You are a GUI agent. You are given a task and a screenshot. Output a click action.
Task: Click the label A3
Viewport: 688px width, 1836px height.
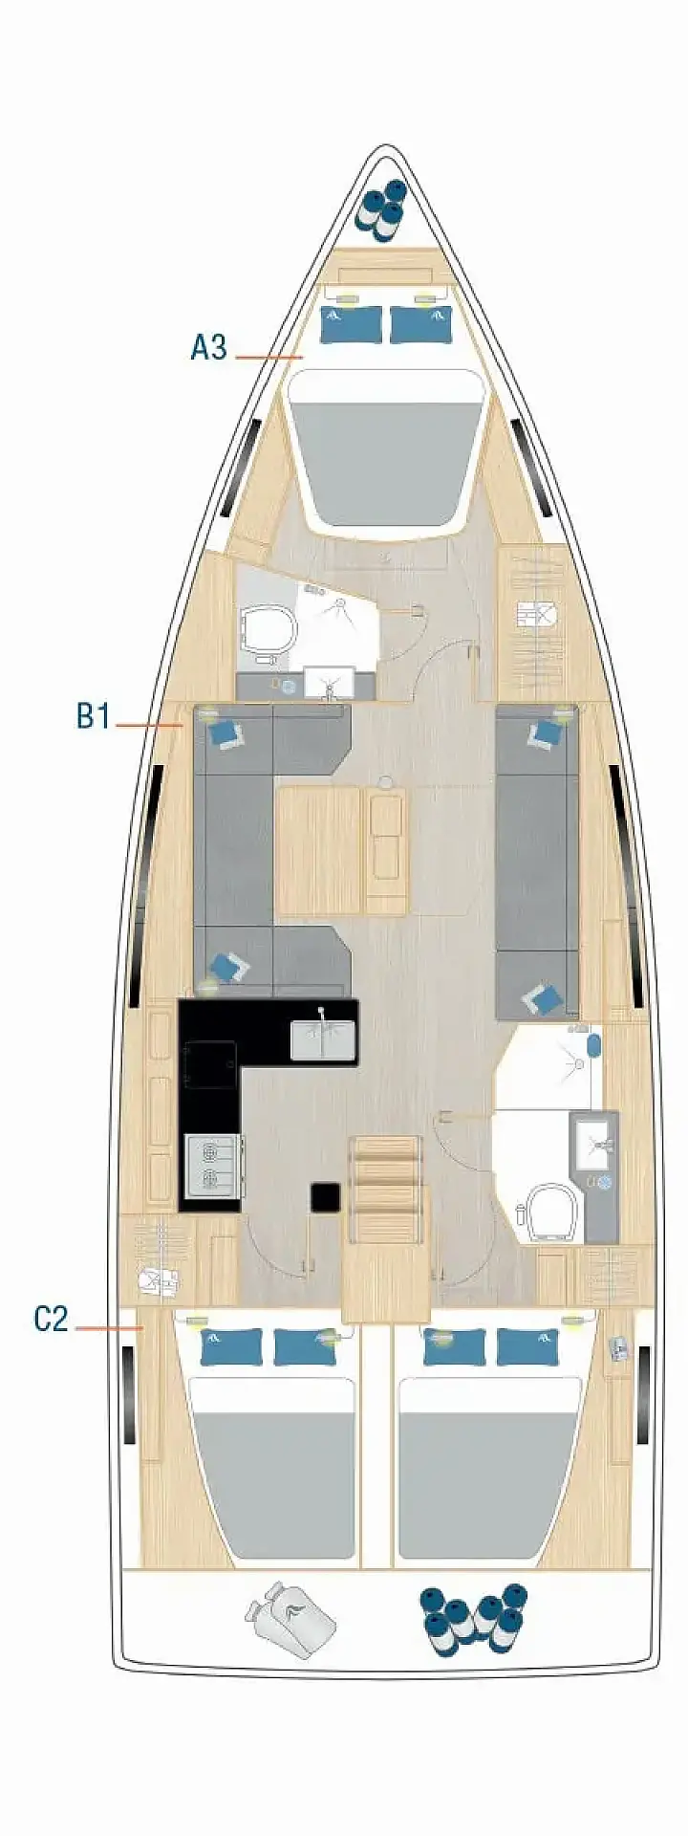click(x=208, y=346)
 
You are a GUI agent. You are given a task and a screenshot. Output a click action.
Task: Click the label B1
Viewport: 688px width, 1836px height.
click(x=94, y=715)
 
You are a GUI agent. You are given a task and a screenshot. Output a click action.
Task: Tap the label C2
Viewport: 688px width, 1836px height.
click(x=51, y=1319)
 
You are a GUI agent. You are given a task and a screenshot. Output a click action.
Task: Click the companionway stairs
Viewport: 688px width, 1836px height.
click(x=385, y=1189)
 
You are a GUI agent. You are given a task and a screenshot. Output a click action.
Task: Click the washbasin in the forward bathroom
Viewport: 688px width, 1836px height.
click(x=329, y=683)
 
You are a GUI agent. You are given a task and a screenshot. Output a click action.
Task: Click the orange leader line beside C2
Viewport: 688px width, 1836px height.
click(x=108, y=1327)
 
